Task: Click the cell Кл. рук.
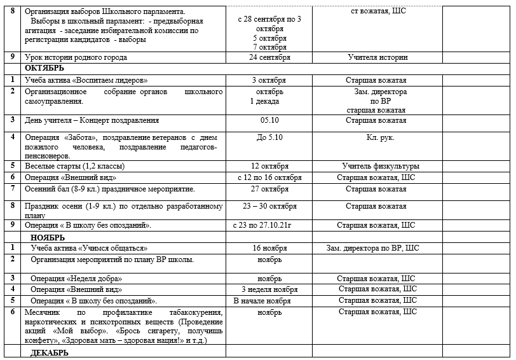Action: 377,137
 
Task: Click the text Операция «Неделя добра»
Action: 76,279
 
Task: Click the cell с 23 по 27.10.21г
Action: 267,225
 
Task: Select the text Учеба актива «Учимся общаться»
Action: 89,248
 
